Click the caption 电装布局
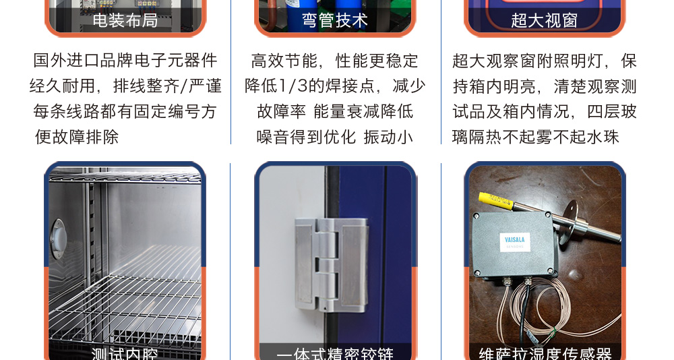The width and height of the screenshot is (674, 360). [125, 20]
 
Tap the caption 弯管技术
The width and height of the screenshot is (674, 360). [335, 20]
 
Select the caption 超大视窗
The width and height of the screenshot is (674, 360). [545, 20]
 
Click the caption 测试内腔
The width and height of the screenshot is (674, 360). [125, 353]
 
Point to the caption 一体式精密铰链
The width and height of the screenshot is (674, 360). [335, 353]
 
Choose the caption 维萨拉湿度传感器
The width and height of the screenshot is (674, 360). [545, 353]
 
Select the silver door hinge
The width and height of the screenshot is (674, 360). [331, 264]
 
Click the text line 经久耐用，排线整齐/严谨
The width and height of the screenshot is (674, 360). [125, 86]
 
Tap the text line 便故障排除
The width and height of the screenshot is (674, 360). [77, 137]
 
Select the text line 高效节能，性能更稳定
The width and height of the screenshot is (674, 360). [335, 61]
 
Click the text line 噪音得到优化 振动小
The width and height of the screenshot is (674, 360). [335, 137]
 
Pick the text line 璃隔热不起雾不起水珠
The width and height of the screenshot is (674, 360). [536, 137]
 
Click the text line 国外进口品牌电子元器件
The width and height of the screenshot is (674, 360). [125, 61]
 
